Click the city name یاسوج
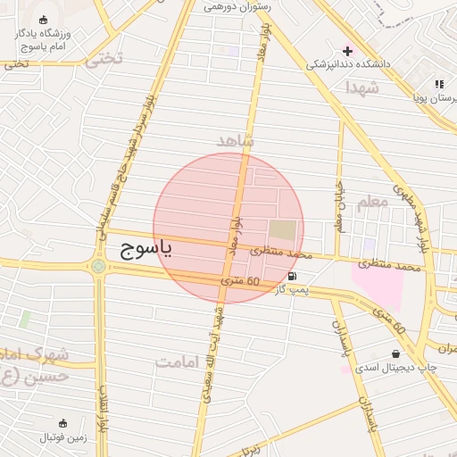(x=140, y=249)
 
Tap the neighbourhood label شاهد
(x=236, y=141)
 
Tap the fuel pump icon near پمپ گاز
(x=293, y=277)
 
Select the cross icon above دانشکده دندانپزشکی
(x=347, y=50)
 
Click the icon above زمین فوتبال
(x=62, y=422)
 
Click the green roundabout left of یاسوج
(x=97, y=265)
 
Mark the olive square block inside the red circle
(x=282, y=229)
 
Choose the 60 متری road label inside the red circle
(x=241, y=283)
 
